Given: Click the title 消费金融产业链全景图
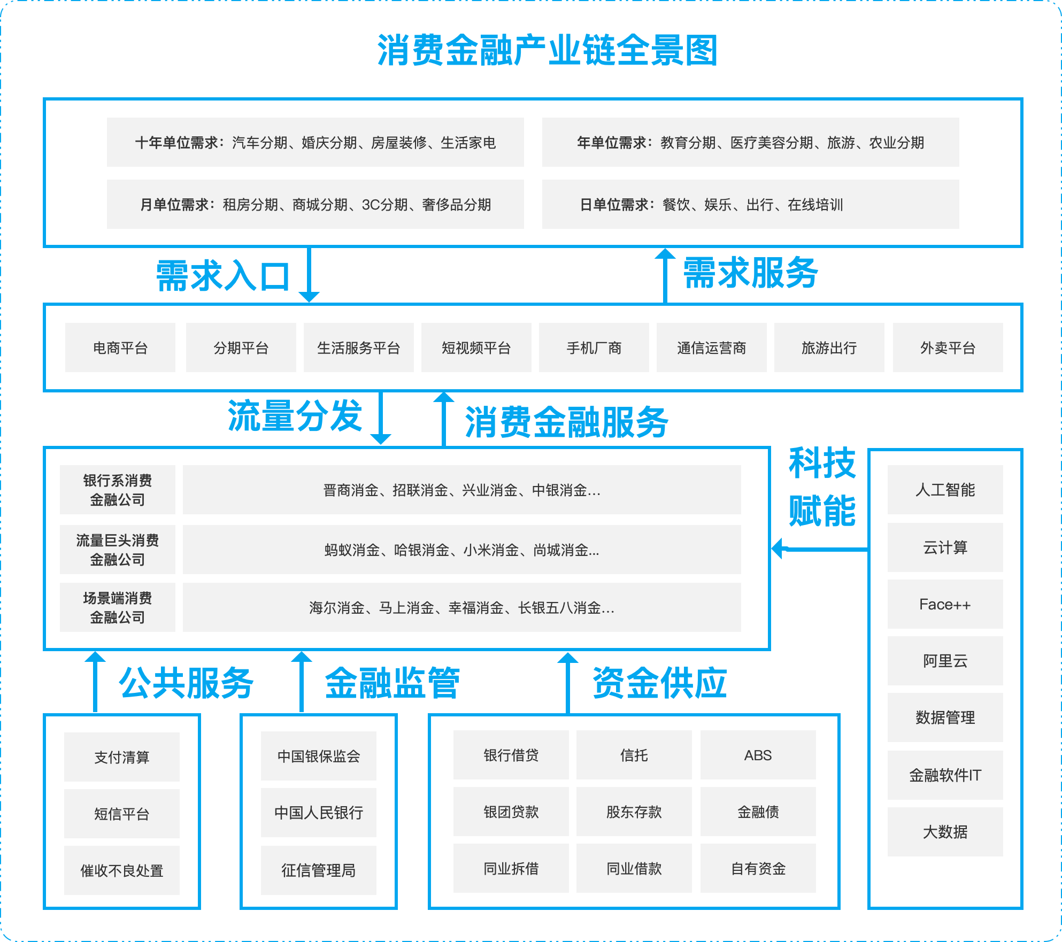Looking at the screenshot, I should pyautogui.click(x=547, y=51).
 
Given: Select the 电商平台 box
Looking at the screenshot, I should pyautogui.click(x=120, y=348).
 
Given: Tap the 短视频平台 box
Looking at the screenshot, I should pyautogui.click(x=476, y=348).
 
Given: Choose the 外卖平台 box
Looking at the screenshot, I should pyautogui.click(x=948, y=348).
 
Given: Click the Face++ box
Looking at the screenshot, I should pyautogui.click(x=945, y=604).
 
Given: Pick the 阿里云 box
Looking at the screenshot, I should pyautogui.click(x=945, y=661).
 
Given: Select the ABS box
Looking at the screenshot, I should pyautogui.click(x=758, y=755).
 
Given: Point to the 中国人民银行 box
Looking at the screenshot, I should pyautogui.click(x=319, y=813).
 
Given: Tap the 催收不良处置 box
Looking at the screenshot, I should pyautogui.click(x=122, y=870).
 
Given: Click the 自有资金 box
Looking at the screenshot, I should pyautogui.click(x=758, y=868).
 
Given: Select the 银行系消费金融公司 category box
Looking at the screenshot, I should pyautogui.click(x=118, y=490).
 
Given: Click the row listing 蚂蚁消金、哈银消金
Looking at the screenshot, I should pyautogui.click(x=461, y=550).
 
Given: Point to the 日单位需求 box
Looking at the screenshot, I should pyautogui.click(x=750, y=204).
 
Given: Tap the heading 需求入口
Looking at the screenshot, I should pyautogui.click(x=222, y=276).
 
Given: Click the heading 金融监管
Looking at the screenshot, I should pyautogui.click(x=392, y=683).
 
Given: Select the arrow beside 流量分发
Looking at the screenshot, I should pyautogui.click(x=381, y=418).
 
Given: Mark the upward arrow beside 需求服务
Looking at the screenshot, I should pyautogui.click(x=665, y=275).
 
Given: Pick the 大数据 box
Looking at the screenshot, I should pyautogui.click(x=945, y=832).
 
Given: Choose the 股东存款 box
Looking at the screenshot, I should pyautogui.click(x=634, y=812).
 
